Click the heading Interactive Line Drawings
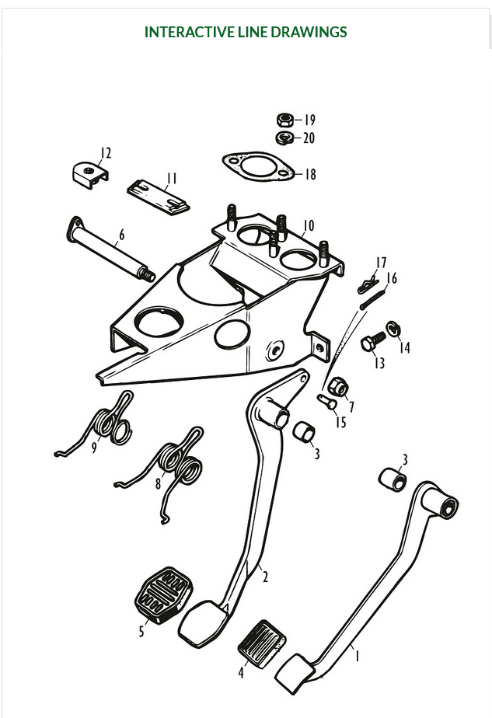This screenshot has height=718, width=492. pos(246,32)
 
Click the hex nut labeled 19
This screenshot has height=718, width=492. pos(284,120)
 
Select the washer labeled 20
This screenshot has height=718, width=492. pos(284,138)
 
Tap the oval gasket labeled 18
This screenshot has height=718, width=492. pos(257,166)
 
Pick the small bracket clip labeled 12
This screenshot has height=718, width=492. pos(90,174)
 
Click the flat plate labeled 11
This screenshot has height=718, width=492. pos(159,197)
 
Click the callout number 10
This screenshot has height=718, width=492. pos(309,226)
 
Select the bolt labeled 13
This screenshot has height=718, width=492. pos(372,341)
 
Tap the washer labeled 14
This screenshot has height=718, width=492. pos(393,329)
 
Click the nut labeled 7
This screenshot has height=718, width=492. pos(337,387)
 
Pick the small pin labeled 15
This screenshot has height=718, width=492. pos(326,401)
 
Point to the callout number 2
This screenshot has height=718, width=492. pos(265,577)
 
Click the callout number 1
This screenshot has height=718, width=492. pos(357,657)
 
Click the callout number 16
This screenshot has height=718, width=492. pos(392,278)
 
